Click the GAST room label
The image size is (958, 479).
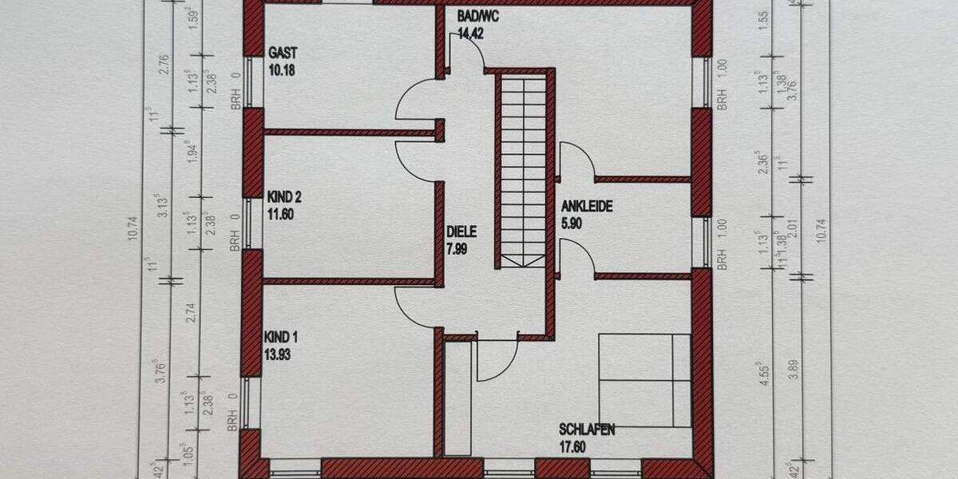(x=283, y=53)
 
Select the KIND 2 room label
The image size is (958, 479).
(x=284, y=196)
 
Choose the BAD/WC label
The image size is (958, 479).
(x=478, y=17)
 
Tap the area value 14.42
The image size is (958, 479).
(x=471, y=34)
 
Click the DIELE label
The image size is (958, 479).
(x=461, y=232)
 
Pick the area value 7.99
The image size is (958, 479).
(x=457, y=247)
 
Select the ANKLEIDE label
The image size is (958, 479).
(x=587, y=207)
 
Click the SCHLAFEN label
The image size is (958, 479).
(x=587, y=430)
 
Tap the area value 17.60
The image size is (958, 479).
(x=573, y=446)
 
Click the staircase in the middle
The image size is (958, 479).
(x=522, y=168)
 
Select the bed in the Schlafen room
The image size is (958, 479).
(x=644, y=380)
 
